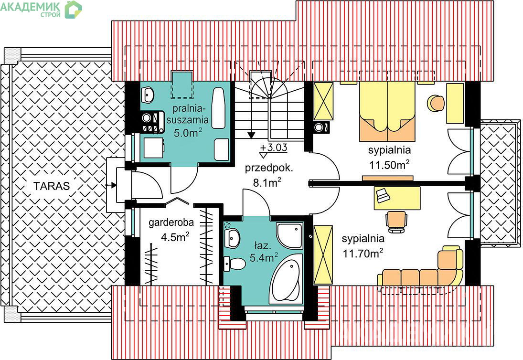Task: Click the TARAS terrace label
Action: click(52, 186)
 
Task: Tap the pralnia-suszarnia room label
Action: click(188, 114)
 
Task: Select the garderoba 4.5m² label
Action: click(171, 230)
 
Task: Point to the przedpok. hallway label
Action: click(269, 168)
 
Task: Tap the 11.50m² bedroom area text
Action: click(389, 165)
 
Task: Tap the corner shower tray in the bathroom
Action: click(290, 235)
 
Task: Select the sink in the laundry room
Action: click(147, 95)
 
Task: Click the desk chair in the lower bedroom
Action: click(396, 222)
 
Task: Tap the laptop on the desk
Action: click(382, 195)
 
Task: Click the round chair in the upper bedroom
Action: click(436, 103)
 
